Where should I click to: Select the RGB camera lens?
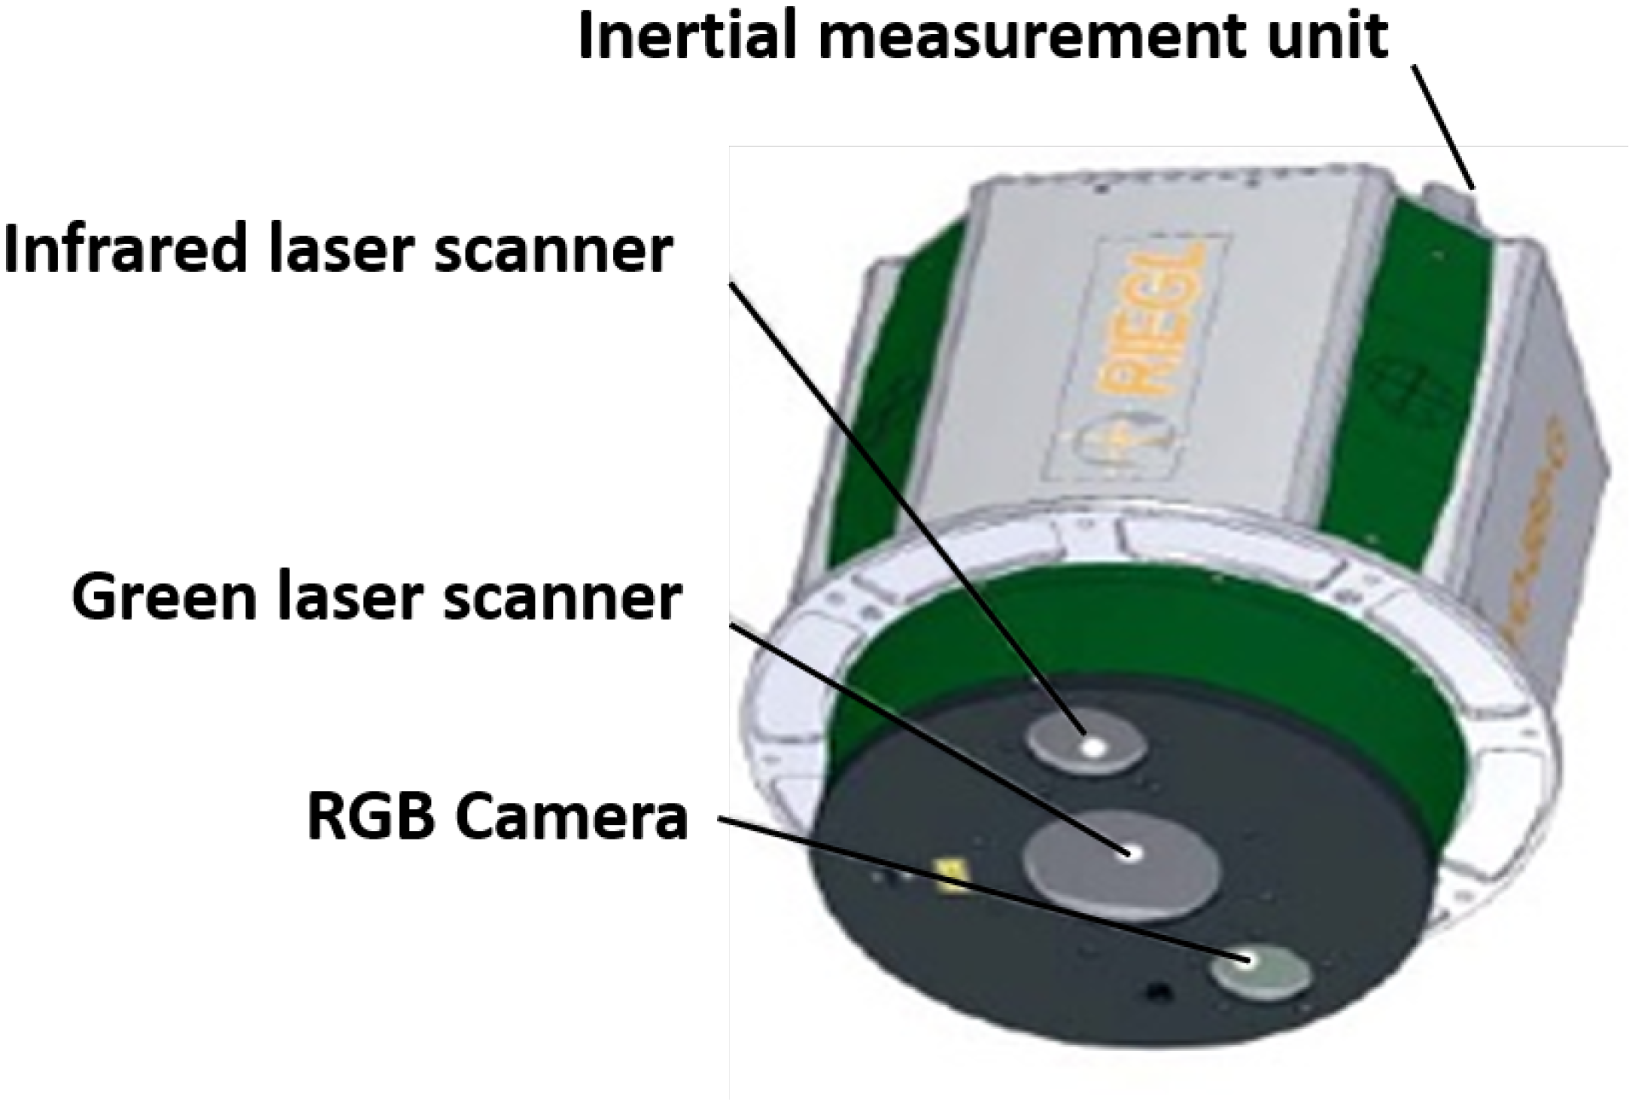point(1263,973)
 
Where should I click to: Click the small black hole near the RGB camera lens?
point(1157,992)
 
